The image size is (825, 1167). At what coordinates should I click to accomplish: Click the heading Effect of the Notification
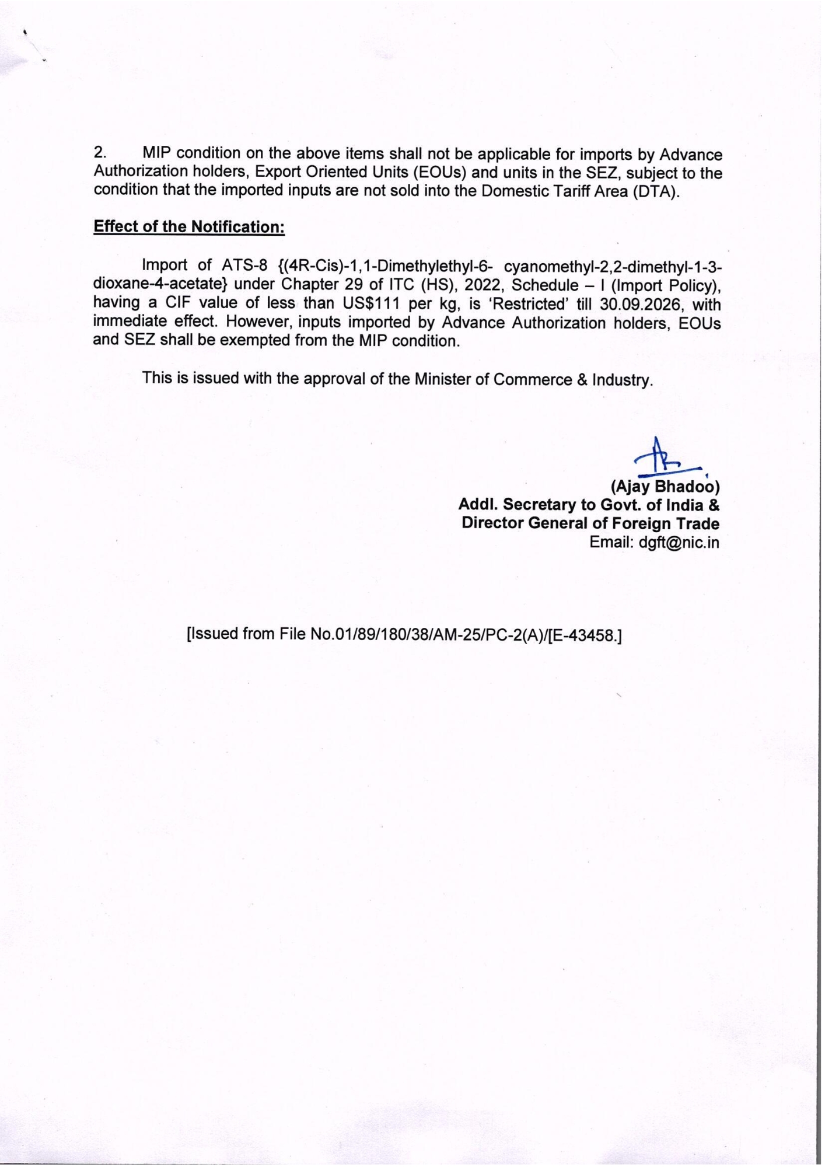[188, 226]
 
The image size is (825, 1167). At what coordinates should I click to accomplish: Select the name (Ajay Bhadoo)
[665, 486]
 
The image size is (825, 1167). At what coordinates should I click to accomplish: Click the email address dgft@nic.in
[679, 542]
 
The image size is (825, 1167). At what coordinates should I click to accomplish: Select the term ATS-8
[244, 265]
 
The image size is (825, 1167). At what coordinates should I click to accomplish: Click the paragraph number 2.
[100, 153]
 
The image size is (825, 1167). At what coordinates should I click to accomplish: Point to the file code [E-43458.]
[586, 634]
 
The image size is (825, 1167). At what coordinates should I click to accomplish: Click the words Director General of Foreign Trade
[590, 523]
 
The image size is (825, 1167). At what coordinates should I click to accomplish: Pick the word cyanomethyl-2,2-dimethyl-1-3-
[613, 266]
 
